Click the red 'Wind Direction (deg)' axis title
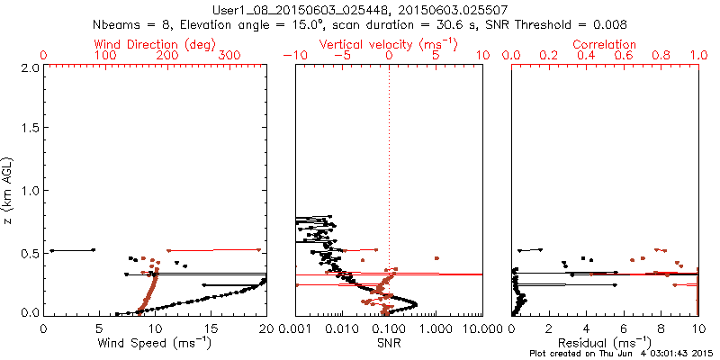(x=155, y=43)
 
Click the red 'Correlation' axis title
(x=605, y=43)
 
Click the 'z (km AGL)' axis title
(x=10, y=191)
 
